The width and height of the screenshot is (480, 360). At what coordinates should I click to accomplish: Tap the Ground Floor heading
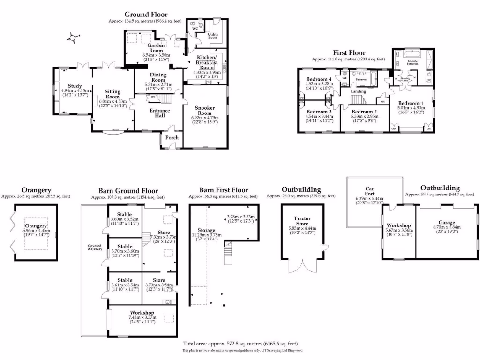145,15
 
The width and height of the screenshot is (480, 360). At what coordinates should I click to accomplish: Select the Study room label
75,86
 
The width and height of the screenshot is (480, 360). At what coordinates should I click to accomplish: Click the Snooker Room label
205,111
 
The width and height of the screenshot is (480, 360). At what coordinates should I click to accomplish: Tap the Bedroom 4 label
319,79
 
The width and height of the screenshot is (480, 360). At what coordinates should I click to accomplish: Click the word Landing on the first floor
358,91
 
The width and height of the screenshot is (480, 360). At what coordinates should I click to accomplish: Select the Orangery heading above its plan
36,190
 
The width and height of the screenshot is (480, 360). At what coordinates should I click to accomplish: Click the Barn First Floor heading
224,190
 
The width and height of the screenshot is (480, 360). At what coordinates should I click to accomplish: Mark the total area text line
240,343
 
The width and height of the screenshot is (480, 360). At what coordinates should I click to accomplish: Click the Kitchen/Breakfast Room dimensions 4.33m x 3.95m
207,73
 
